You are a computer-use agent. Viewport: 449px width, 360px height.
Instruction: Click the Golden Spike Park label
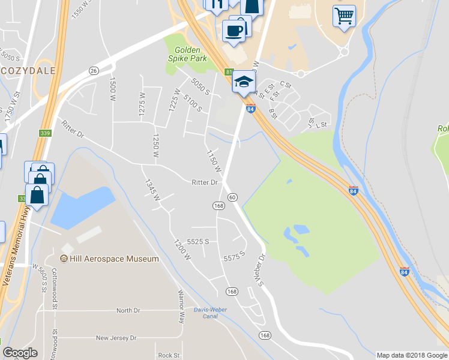(190, 54)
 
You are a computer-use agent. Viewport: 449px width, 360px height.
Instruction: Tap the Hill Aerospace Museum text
(115, 259)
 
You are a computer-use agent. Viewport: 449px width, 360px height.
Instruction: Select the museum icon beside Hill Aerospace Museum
(64, 259)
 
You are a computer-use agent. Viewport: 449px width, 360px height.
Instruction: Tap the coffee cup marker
(234, 29)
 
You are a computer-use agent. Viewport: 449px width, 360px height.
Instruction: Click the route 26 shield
(93, 71)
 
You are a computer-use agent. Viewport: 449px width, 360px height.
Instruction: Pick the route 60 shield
(232, 197)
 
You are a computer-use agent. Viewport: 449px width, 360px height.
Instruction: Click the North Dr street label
(128, 311)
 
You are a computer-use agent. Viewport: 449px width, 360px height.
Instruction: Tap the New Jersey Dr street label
(116, 338)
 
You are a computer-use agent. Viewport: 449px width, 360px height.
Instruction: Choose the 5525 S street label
(197, 241)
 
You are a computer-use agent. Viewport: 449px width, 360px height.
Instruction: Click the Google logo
(20, 353)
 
